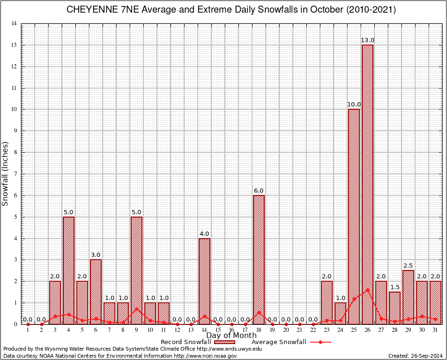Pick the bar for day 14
pyautogui.click(x=204, y=281)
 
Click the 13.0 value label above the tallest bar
pyautogui.click(x=367, y=40)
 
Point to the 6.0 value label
pyautogui.click(x=259, y=191)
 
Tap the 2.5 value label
pyautogui.click(x=408, y=266)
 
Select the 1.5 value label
pyautogui.click(x=395, y=287)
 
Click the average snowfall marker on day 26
pyautogui.click(x=367, y=290)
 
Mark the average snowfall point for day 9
pyautogui.click(x=136, y=308)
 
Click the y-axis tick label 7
pyautogui.click(x=15, y=174)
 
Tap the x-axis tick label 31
pyautogui.click(x=435, y=330)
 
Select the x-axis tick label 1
pyautogui.click(x=28, y=330)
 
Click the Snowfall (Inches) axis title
pyautogui.click(x=6, y=173)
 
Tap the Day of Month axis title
pyautogui.click(x=231, y=335)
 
